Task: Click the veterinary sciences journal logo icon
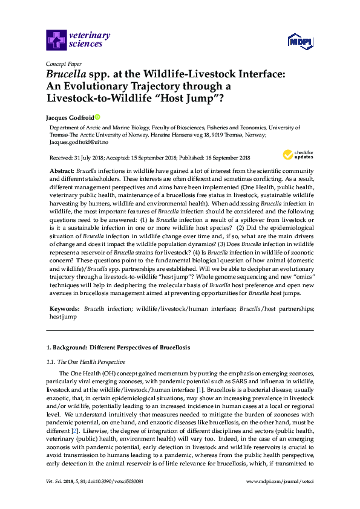(56, 41)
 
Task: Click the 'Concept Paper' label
(63, 63)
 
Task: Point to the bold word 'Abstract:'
(62, 172)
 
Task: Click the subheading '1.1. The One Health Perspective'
(86, 362)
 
